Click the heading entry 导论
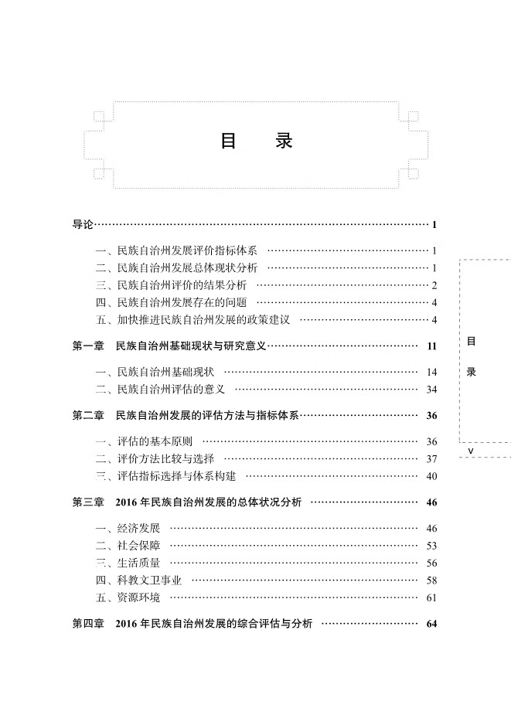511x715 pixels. (x=83, y=225)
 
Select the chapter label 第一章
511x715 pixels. (x=88, y=346)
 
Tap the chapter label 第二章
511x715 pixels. (x=88, y=416)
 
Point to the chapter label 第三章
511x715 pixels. (x=88, y=502)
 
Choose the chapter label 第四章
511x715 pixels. (x=88, y=624)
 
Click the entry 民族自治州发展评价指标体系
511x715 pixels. (x=186, y=250)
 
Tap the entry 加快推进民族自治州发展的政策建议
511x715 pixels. (x=202, y=320)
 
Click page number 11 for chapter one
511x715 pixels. (x=431, y=346)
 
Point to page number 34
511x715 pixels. (x=431, y=390)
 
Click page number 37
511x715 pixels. (x=431, y=459)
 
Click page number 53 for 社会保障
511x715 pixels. (x=431, y=546)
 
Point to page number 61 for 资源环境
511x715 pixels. (x=431, y=598)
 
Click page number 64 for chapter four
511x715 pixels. (x=431, y=624)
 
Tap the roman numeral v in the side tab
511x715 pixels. (x=471, y=449)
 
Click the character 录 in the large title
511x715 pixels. (x=284, y=142)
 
